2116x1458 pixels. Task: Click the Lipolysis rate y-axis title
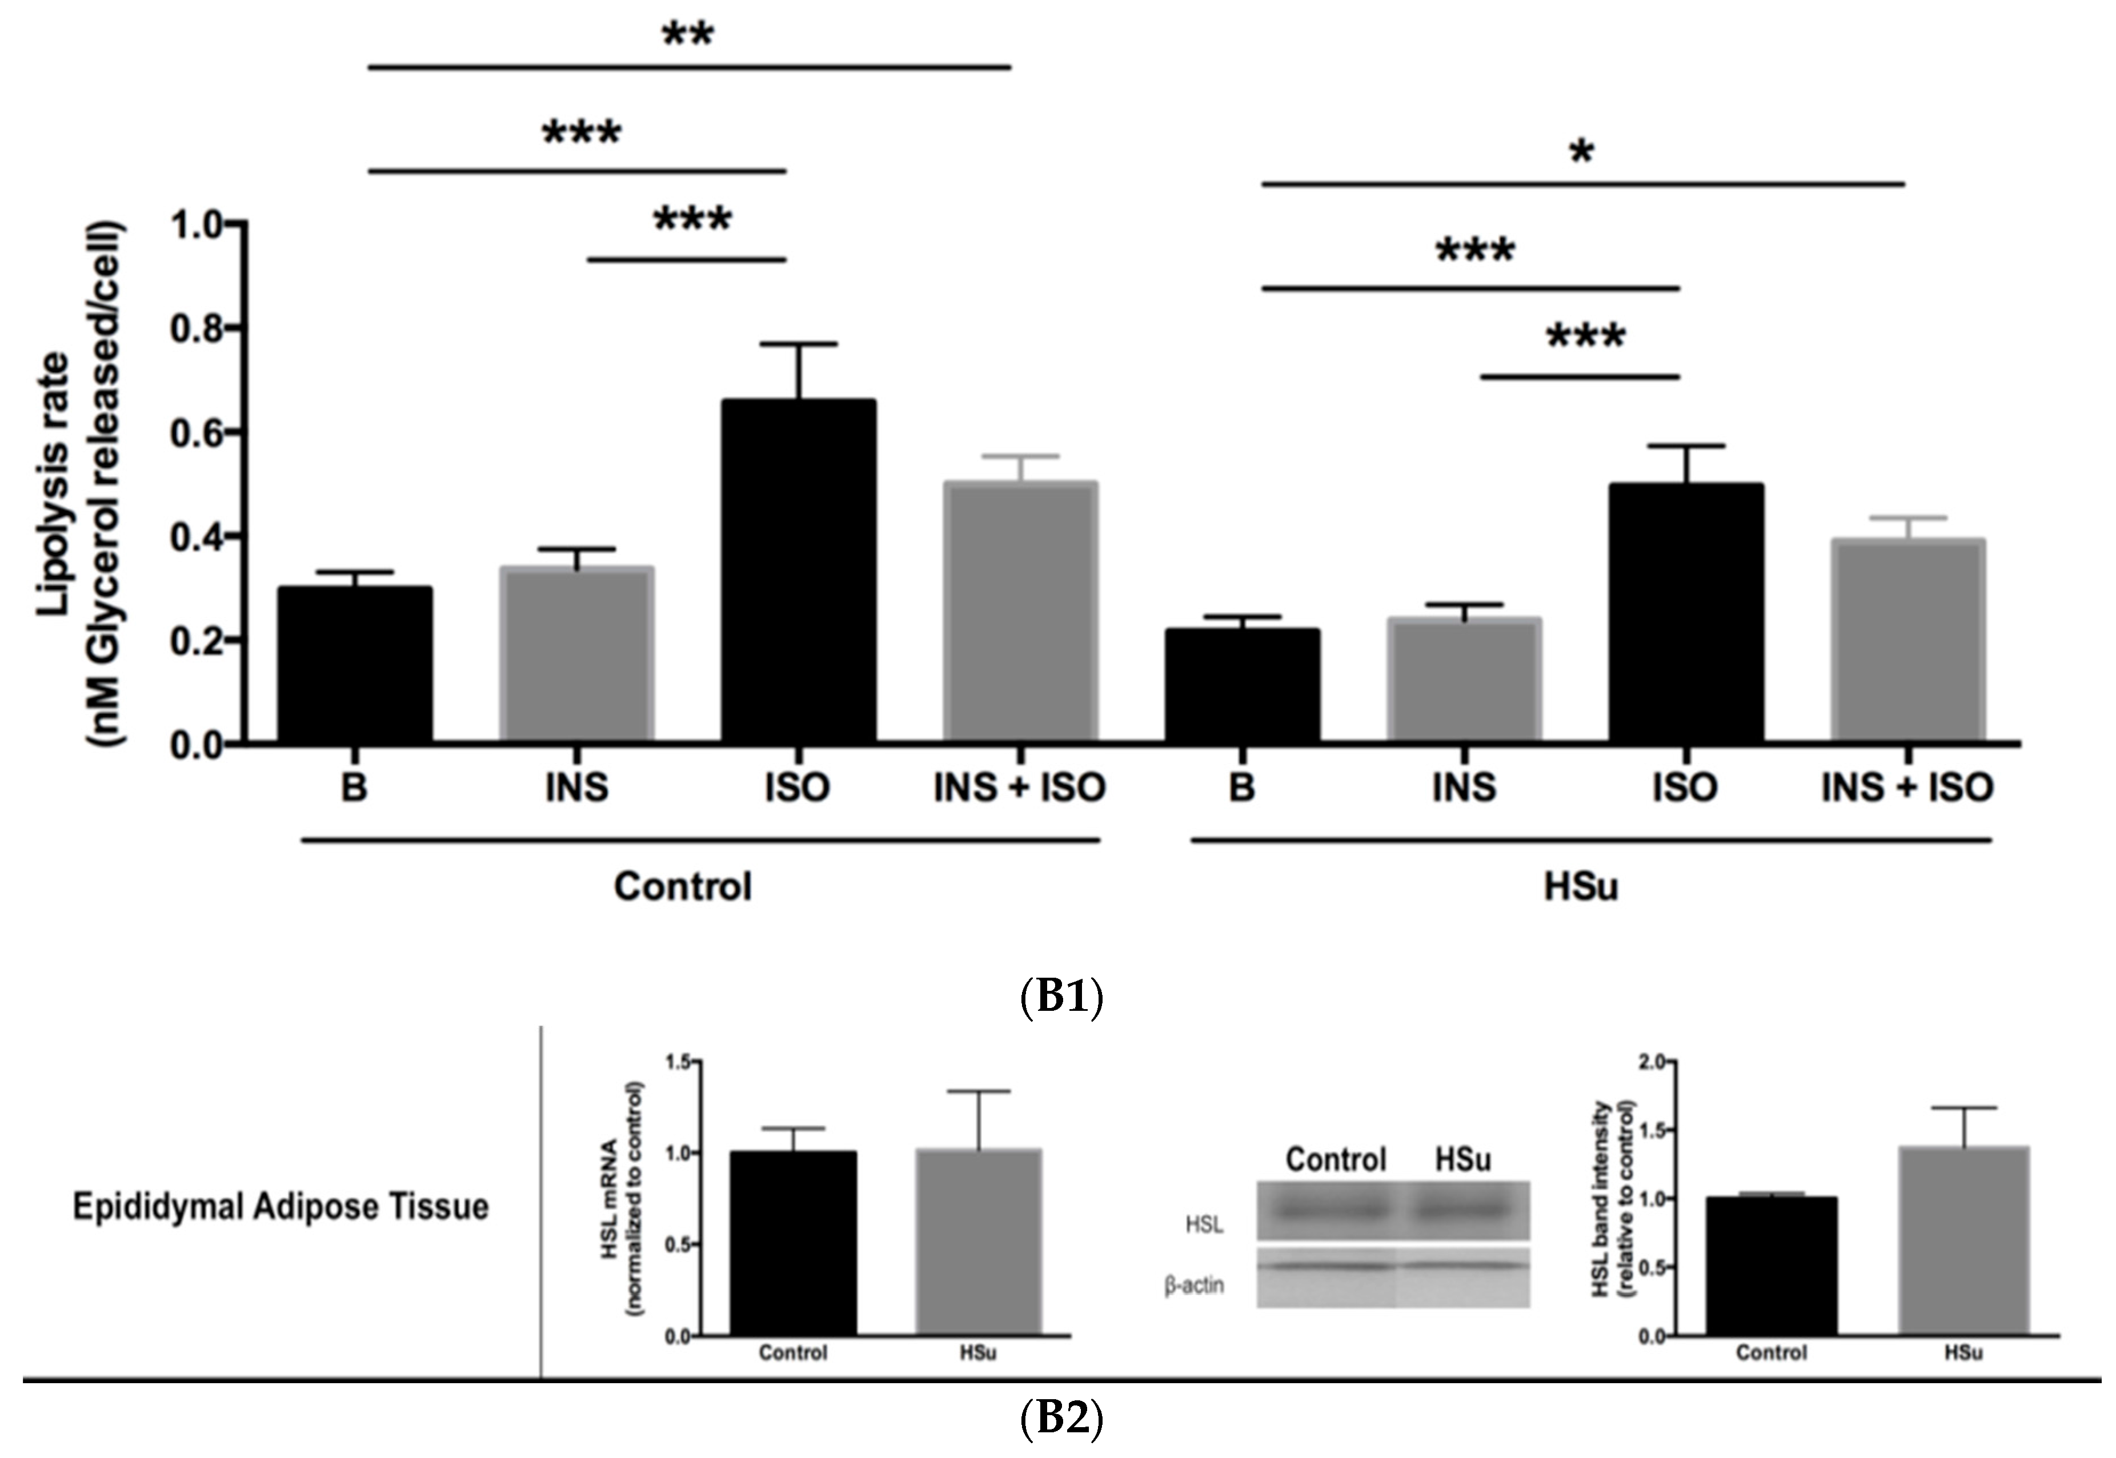pos(81,484)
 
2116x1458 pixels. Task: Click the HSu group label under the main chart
pos(1581,887)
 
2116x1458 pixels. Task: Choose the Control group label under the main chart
pos(683,887)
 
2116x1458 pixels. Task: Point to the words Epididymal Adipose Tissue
pos(280,1207)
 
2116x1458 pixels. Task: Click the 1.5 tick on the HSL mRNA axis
pos(678,1062)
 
